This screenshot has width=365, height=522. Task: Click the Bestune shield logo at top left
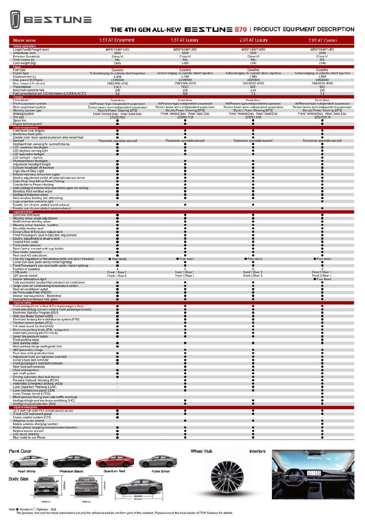pyautogui.click(x=15, y=20)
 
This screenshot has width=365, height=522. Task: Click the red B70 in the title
pyautogui.click(x=240, y=29)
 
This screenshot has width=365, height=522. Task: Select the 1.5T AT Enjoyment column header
pyautogui.click(x=117, y=40)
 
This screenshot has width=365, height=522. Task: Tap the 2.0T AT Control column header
pyautogui.click(x=322, y=40)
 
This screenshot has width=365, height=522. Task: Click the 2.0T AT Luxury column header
pyautogui.click(x=253, y=40)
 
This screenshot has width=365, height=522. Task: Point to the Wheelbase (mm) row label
pyautogui.click(x=25, y=53)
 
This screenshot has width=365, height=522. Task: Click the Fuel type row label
pyautogui.click(x=19, y=70)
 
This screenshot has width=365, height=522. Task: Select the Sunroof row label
pyautogui.click(x=18, y=141)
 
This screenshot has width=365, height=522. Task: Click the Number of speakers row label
pyautogui.click(x=26, y=269)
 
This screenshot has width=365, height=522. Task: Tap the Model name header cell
pyautogui.click(x=25, y=40)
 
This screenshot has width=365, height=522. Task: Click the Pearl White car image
pyautogui.click(x=28, y=462)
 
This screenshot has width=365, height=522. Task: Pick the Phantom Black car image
pyautogui.click(x=72, y=462)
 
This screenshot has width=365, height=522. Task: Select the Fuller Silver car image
pyautogui.click(x=158, y=462)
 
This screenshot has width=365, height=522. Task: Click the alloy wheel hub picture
pyautogui.click(x=227, y=478)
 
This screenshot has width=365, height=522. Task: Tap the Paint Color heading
pyautogui.click(x=20, y=451)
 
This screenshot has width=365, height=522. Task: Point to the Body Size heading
pyautogui.click(x=18, y=479)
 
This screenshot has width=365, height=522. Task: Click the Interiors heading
pyautogui.click(x=257, y=451)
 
